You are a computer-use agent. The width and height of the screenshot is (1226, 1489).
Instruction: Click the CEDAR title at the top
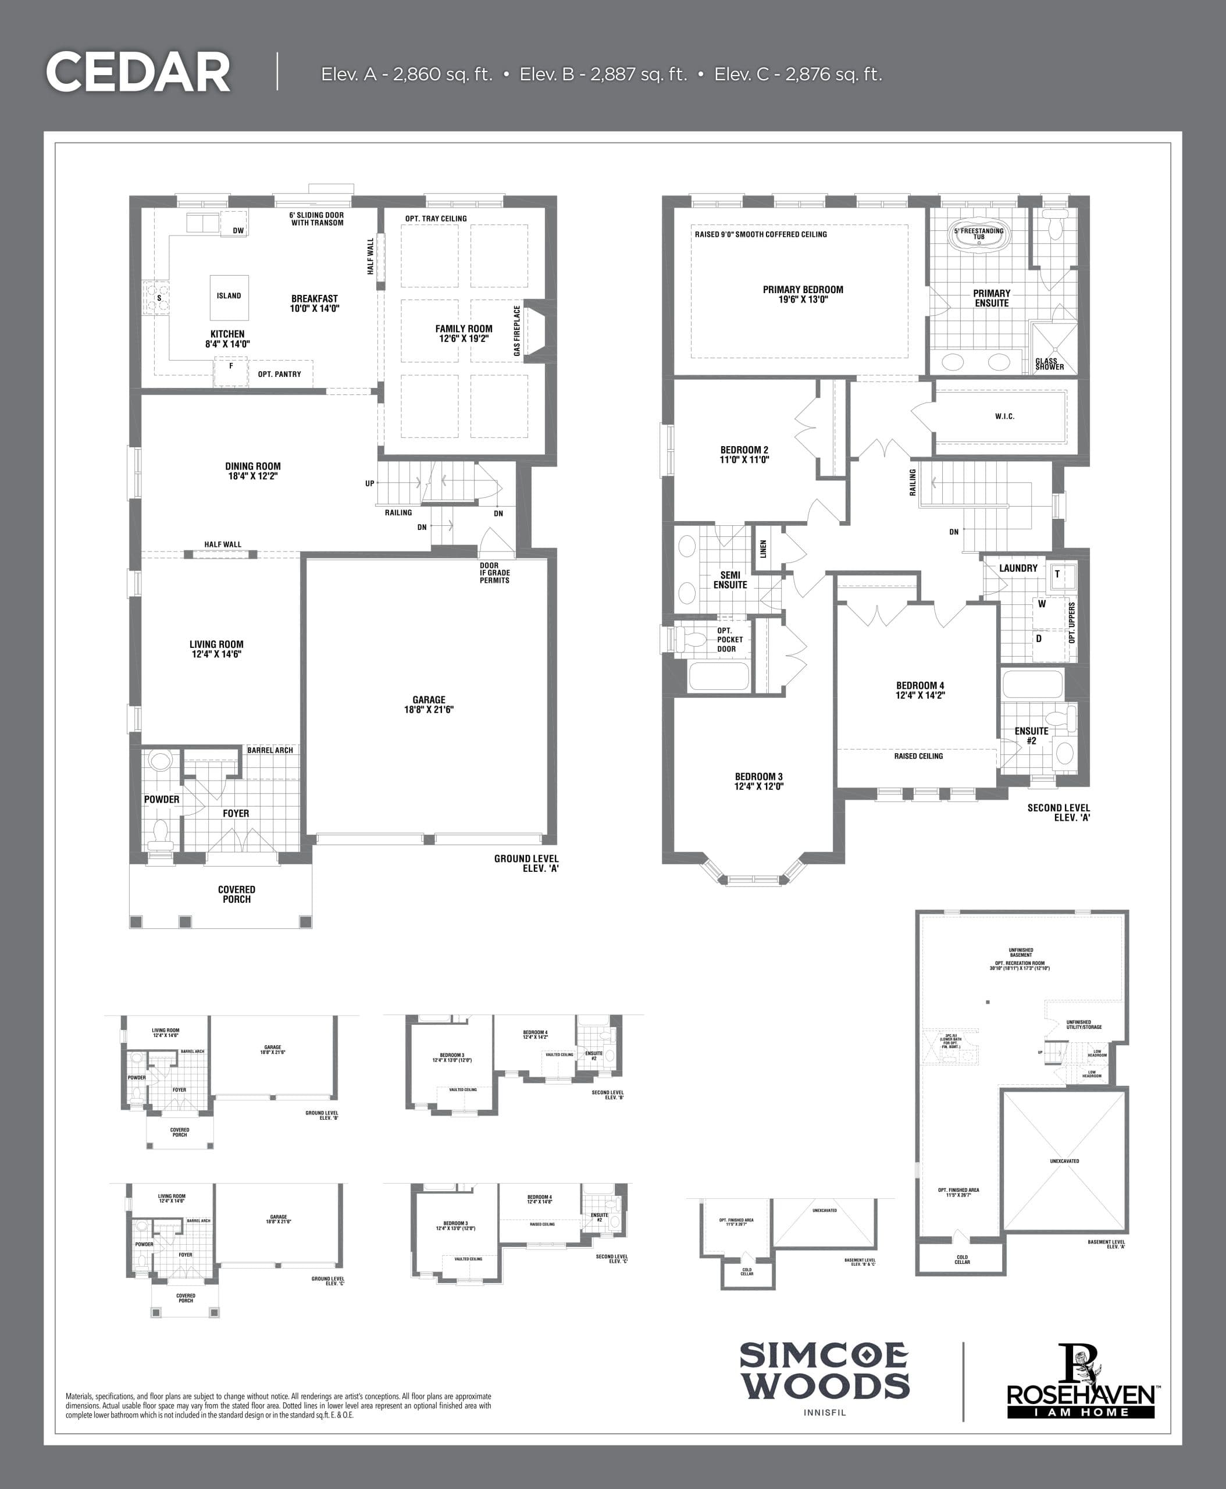138,72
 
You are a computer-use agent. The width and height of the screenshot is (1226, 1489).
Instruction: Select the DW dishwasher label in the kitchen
238,231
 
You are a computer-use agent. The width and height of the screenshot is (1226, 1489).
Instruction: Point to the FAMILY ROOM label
464,333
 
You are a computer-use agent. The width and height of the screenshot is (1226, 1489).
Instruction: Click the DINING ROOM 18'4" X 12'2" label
253,471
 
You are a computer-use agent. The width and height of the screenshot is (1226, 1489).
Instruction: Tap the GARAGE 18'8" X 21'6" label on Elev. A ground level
429,705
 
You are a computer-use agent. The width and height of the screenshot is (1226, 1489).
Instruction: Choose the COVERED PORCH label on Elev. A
237,894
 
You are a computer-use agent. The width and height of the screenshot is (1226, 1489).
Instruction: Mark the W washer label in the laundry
1042,604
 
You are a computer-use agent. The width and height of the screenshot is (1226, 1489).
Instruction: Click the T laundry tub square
1058,574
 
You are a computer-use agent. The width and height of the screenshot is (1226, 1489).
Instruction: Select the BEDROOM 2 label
744,455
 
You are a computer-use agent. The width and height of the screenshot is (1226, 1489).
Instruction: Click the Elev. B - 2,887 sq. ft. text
603,75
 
